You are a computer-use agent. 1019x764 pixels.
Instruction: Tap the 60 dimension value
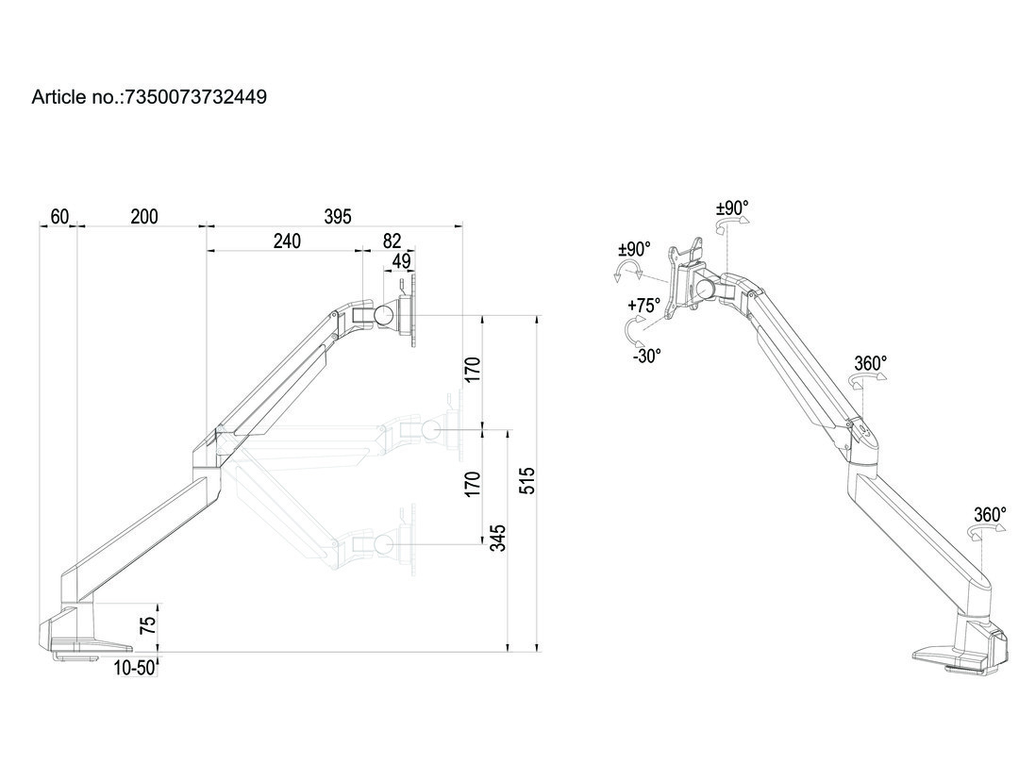pos(59,217)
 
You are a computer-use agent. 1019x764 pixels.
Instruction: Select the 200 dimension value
pos(144,217)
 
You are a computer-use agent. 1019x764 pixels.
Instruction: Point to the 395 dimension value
pos(337,217)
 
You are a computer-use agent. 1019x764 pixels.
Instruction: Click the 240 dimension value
pos(287,241)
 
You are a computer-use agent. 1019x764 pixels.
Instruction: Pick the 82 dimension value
pos(392,241)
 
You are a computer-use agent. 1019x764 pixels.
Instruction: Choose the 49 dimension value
pos(401,261)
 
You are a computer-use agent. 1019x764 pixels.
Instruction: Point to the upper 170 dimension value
pos(474,370)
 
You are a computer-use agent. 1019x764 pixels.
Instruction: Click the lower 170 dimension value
pos(474,484)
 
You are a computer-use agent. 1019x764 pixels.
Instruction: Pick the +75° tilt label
pos(643,306)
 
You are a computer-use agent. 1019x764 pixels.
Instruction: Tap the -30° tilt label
pos(646,355)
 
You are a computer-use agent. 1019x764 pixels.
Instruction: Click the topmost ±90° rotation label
pos(732,207)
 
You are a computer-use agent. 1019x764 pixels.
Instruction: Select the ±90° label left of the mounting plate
pos(634,249)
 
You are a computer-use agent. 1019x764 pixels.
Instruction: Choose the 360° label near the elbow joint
pos(870,363)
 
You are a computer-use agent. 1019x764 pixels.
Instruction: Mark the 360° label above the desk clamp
pos(990,514)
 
